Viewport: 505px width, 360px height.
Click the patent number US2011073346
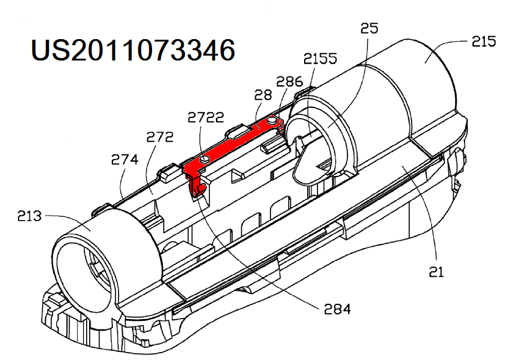pos(133,50)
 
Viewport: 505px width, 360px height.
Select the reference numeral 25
pos(369,28)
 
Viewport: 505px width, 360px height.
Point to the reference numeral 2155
pos(320,59)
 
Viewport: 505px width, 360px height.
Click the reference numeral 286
pos(289,81)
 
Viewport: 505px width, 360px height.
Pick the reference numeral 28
pos(263,95)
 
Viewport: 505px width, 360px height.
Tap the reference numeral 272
pos(160,138)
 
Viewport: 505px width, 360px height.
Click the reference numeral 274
pos(124,160)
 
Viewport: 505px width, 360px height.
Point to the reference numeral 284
pos(338,309)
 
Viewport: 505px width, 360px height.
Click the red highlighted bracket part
pos(232,146)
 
